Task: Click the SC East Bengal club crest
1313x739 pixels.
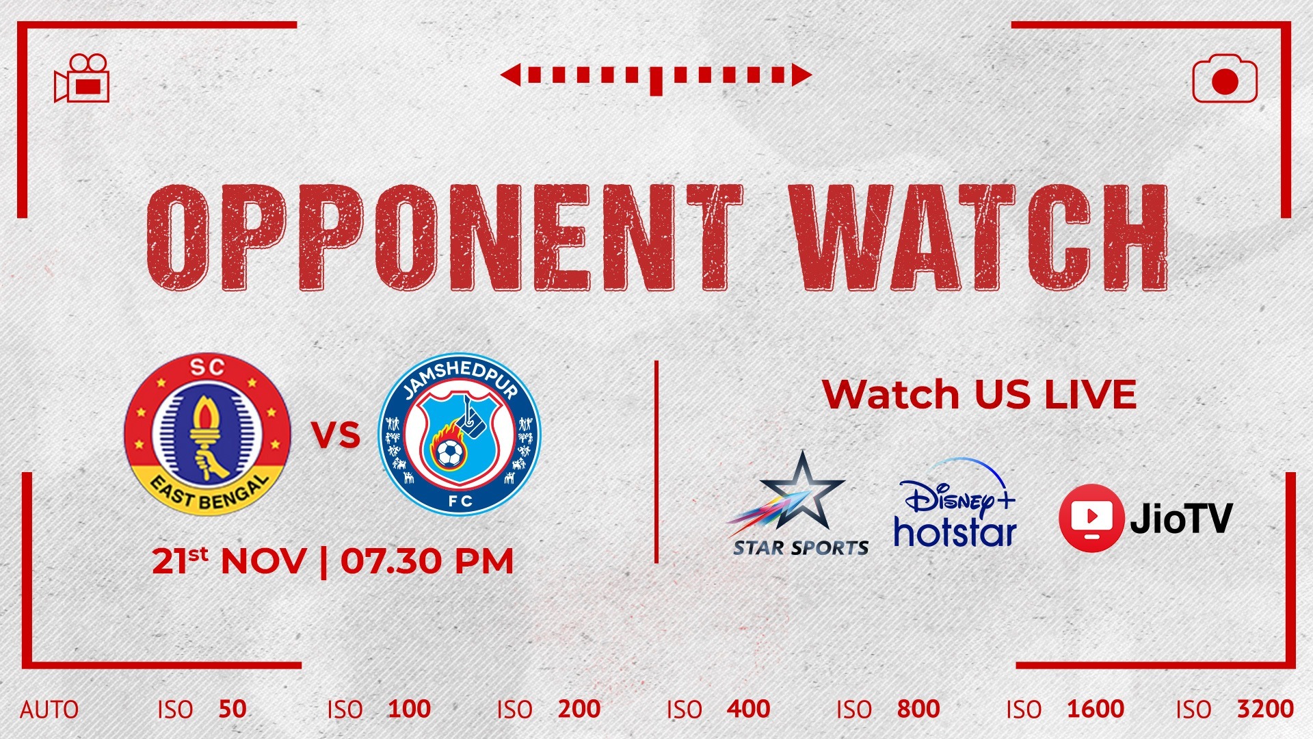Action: coord(207,435)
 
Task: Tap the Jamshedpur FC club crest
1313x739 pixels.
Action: coord(460,435)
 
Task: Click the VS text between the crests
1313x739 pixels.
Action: coord(336,435)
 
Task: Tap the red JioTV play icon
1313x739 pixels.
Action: coord(1091,517)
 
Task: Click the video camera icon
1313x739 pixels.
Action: coord(82,78)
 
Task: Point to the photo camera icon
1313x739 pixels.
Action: coord(1225,79)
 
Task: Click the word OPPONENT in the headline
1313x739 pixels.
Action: coord(445,237)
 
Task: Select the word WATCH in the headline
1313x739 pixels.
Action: coord(979,237)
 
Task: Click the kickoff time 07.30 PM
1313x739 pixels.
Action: coord(427,562)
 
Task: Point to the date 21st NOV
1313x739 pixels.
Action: coord(229,562)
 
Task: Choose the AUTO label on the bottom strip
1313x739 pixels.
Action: coord(49,710)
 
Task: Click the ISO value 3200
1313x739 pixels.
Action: coord(1265,709)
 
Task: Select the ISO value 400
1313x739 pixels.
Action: coord(749,709)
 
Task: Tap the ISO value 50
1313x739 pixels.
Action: coord(233,709)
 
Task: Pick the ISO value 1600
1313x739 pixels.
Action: coord(1096,709)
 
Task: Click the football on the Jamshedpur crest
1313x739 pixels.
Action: coord(449,452)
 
